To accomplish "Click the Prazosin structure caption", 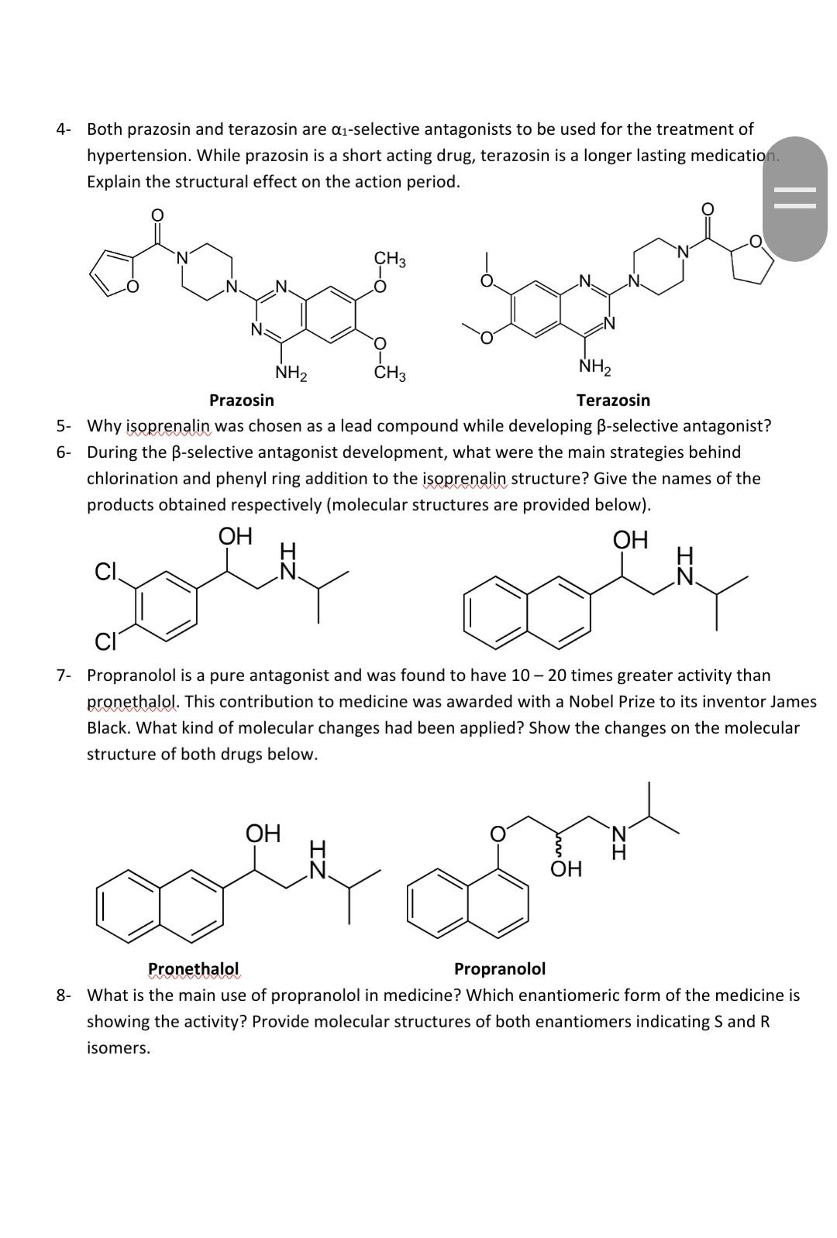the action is [x=241, y=401].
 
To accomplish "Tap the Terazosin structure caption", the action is [x=613, y=401].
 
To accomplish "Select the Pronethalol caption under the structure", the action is [x=193, y=969].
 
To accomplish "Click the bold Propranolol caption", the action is [x=499, y=969].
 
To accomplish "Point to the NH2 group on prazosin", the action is [x=291, y=373].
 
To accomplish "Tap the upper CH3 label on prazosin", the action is [x=390, y=258].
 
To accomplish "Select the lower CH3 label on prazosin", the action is [x=390, y=373].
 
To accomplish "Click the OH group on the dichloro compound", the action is [x=235, y=536].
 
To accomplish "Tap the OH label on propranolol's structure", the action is [x=566, y=869].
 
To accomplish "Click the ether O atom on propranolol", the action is [x=498, y=834].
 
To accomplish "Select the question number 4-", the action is [x=64, y=129].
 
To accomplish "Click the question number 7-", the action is [x=64, y=676].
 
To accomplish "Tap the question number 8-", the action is [x=64, y=996].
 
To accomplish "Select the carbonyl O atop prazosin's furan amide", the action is [x=157, y=214].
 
